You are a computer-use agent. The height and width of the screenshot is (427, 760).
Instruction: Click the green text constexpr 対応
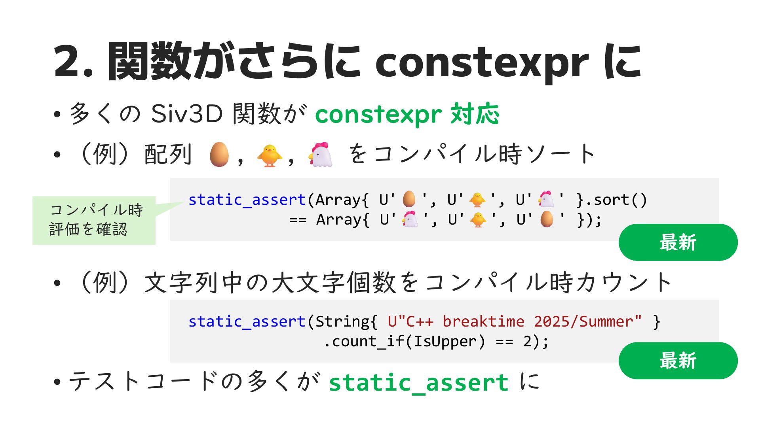click(407, 115)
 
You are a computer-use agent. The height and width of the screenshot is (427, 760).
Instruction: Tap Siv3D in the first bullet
click(187, 114)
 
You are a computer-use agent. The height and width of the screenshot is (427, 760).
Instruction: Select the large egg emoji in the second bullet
click(219, 154)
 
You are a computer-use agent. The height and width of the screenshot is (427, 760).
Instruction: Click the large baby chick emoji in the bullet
click(270, 155)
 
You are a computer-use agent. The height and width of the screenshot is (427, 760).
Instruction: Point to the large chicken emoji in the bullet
click(320, 154)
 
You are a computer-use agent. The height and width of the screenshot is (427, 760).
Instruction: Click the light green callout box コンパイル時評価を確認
click(94, 220)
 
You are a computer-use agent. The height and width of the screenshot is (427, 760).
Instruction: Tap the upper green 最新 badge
click(678, 242)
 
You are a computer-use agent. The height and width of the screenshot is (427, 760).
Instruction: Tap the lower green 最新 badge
click(678, 361)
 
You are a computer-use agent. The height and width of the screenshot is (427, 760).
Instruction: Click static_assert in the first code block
click(247, 200)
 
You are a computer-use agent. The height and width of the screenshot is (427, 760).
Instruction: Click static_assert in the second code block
click(247, 322)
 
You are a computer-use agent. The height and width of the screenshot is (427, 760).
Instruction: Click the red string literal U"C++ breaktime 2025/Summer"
click(515, 321)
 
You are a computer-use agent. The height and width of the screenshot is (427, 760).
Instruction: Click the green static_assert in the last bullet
click(419, 383)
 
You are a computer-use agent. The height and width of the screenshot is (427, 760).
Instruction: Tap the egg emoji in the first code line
click(409, 199)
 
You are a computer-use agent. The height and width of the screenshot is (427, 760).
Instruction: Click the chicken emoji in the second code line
click(410, 219)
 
